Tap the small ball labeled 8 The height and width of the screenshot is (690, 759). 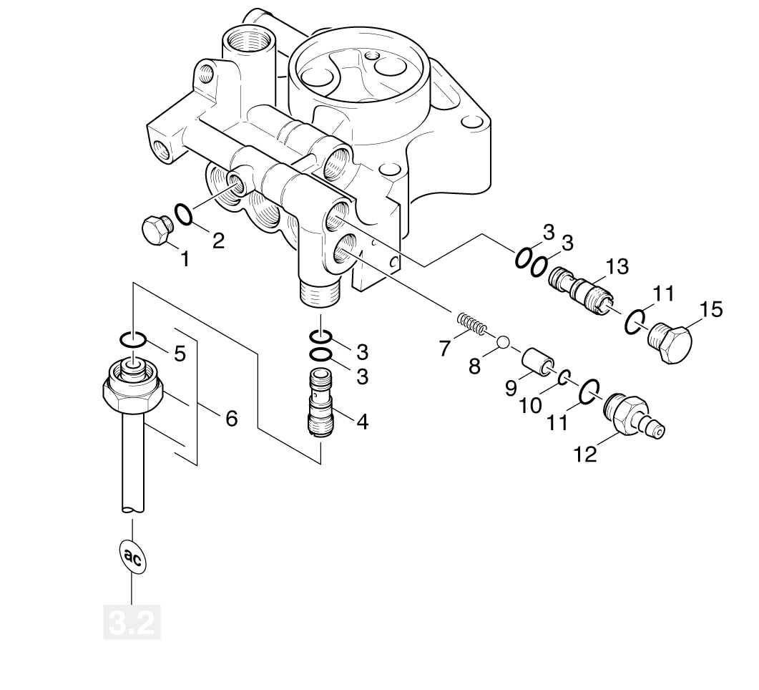tap(502, 342)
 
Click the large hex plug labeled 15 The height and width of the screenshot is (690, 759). tap(670, 342)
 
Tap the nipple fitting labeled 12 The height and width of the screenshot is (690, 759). tap(634, 415)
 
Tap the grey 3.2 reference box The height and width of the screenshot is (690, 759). tap(132, 623)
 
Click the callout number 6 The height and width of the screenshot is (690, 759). tap(231, 418)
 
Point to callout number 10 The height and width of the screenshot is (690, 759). tap(531, 406)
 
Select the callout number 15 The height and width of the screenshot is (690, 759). tap(711, 309)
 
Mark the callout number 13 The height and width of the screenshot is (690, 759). tap(617, 267)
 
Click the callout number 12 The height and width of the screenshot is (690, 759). tap(585, 455)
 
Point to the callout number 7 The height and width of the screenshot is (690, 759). tap(445, 348)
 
